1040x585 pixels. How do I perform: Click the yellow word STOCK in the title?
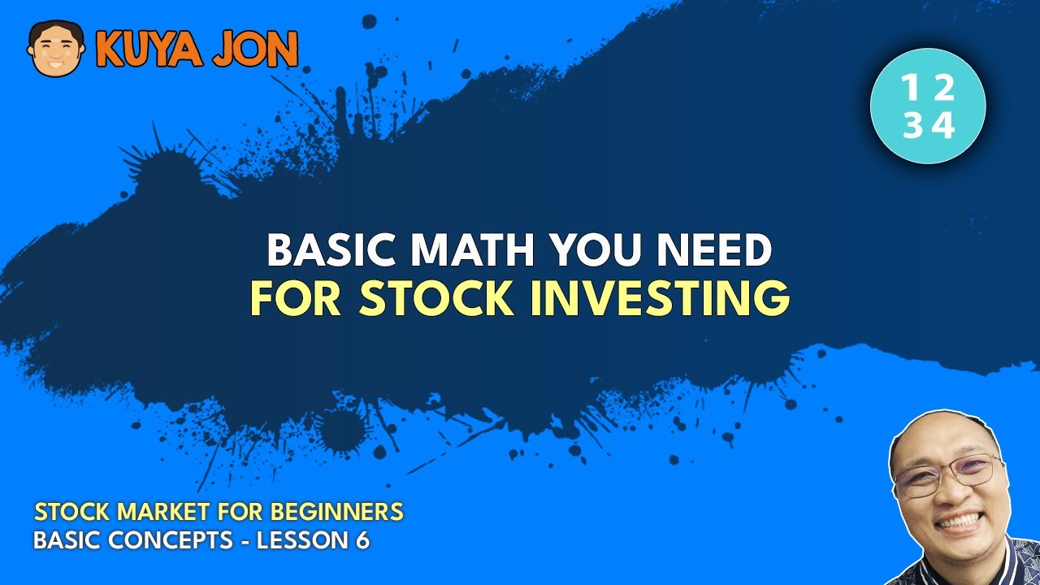pyautogui.click(x=437, y=298)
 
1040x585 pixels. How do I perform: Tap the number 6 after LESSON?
pyautogui.click(x=361, y=539)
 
